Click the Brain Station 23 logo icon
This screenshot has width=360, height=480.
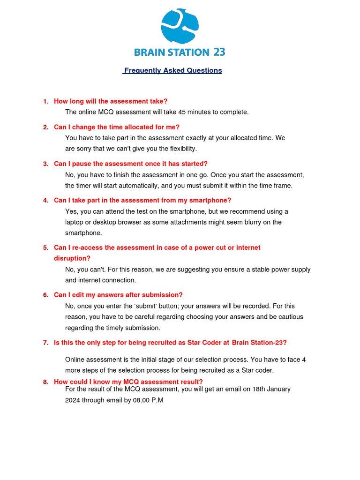[180, 27]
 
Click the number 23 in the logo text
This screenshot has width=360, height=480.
[219, 52]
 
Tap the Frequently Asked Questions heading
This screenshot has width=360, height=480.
[172, 70]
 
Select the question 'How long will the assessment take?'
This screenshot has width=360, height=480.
[111, 101]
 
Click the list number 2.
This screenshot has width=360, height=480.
[45, 127]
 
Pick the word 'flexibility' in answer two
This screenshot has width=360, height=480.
[180, 149]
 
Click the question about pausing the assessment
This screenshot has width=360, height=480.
[131, 164]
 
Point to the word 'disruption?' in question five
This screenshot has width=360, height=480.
[72, 258]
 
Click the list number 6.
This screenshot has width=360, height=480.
[45, 295]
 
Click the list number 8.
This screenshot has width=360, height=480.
[45, 382]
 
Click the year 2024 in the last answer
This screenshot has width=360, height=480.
[73, 401]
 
